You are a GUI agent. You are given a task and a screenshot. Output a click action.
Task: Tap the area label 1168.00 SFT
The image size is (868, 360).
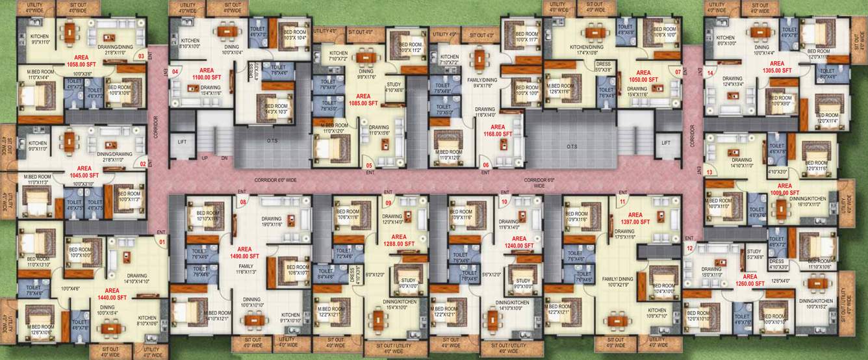pyautogui.click(x=498, y=131)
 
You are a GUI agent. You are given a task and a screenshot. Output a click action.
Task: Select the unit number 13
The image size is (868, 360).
pyautogui.click(x=709, y=172)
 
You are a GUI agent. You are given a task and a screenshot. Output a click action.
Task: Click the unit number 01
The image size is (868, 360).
pyautogui.click(x=162, y=243)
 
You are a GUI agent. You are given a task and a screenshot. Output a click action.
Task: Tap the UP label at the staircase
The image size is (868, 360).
pyautogui.click(x=205, y=158)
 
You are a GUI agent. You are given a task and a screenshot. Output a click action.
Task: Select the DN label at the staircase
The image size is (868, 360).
pyautogui.click(x=224, y=158)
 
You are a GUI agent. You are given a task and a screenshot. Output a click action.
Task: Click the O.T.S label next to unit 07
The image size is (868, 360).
pyautogui.click(x=572, y=146)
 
